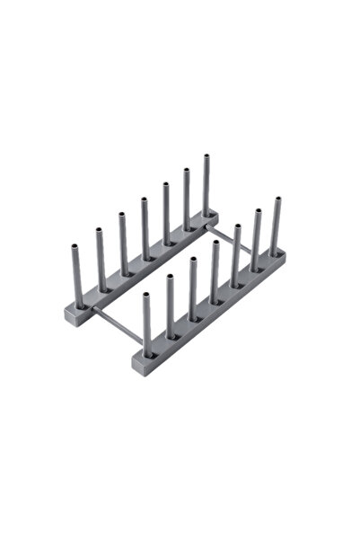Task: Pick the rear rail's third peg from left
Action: tap(122, 243)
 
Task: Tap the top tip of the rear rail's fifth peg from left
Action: tap(165, 185)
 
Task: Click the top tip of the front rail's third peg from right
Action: tap(236, 226)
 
